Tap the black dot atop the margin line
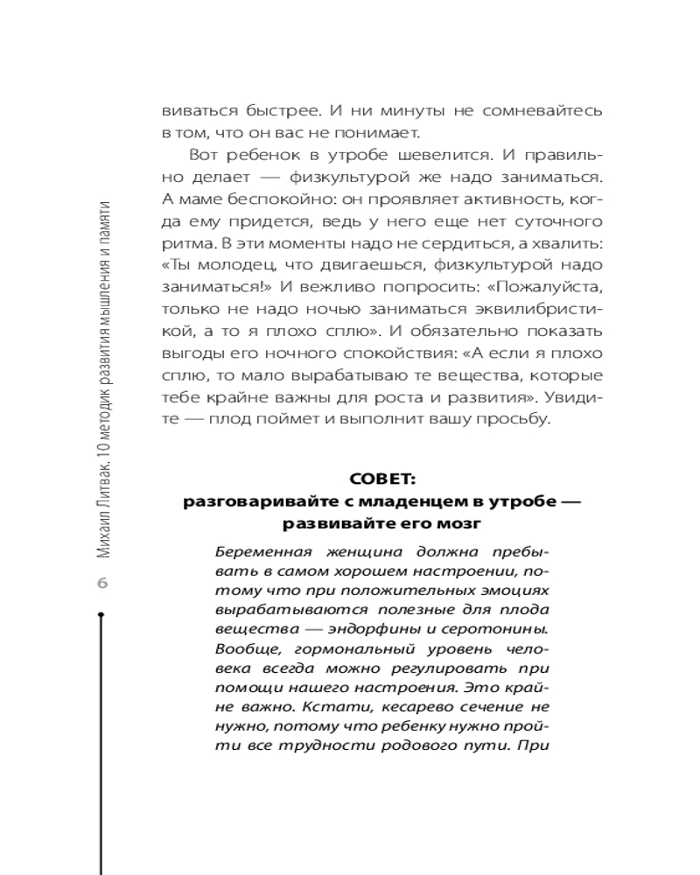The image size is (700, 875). pos(101,615)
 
